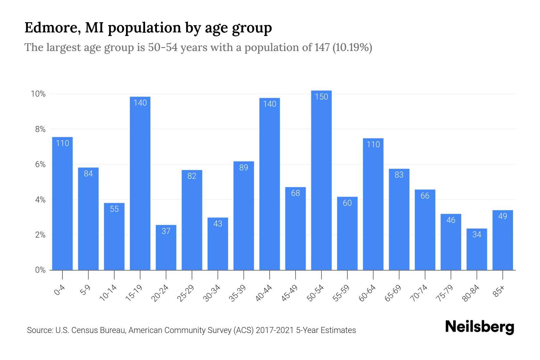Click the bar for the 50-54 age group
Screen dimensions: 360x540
click(321, 180)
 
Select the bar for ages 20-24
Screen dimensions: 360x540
click(166, 247)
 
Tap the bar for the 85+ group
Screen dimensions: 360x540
click(502, 240)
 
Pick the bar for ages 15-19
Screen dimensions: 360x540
click(140, 183)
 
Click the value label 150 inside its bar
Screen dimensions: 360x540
click(321, 97)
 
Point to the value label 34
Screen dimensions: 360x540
click(477, 234)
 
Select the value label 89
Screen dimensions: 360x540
click(244, 167)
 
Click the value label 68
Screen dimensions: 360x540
click(295, 193)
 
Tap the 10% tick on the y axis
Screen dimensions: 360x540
click(38, 94)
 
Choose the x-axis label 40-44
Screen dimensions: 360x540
click(264, 293)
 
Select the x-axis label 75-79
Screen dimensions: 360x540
click(445, 293)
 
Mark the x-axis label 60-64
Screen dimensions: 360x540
click(367, 293)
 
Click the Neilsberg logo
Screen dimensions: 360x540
click(479, 327)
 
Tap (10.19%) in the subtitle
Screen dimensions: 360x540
click(352, 47)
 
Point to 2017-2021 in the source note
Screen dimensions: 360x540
click(274, 330)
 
